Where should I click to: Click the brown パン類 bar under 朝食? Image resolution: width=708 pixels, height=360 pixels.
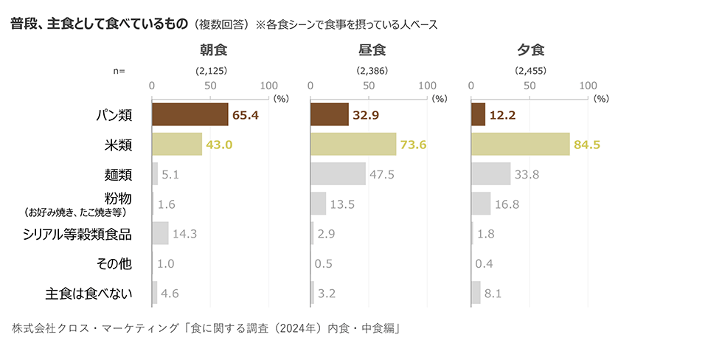pyautogui.click(x=190, y=114)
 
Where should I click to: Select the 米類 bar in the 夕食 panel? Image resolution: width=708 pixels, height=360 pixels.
pyautogui.click(x=520, y=144)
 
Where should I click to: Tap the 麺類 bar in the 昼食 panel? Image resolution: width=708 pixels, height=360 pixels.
pyautogui.click(x=338, y=173)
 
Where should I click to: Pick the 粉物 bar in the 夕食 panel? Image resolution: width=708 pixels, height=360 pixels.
pyautogui.click(x=480, y=203)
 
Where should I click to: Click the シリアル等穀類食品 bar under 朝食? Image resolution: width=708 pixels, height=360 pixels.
pyautogui.click(x=160, y=233)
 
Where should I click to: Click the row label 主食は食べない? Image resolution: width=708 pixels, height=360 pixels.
pyautogui.click(x=88, y=293)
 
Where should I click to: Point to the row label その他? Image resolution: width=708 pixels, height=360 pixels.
pyautogui.click(x=114, y=263)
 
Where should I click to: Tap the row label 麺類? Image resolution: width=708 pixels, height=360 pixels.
pyautogui.click(x=118, y=174)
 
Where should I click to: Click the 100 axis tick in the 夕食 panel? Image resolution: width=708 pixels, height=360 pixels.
pyautogui.click(x=589, y=86)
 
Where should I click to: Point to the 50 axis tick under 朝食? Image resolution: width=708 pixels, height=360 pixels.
pyautogui.click(x=210, y=86)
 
